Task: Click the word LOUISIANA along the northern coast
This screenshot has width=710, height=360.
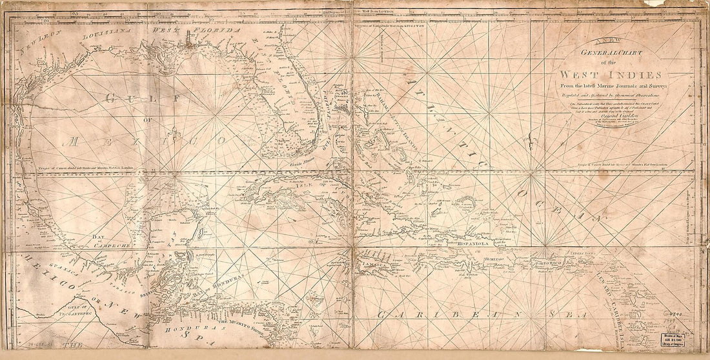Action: [108, 39]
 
